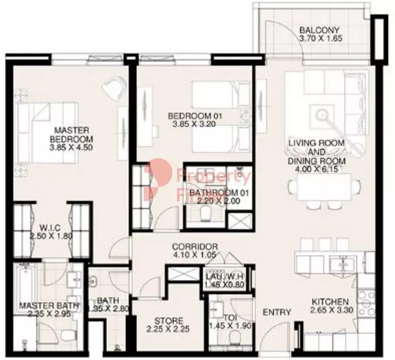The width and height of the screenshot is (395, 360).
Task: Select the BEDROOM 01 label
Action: pyautogui.click(x=195, y=117)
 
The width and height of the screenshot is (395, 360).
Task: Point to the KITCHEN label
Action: pyautogui.click(x=330, y=302)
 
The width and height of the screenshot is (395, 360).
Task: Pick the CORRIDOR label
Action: pyautogui.click(x=194, y=246)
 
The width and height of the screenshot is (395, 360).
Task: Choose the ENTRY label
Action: pyautogui.click(x=277, y=313)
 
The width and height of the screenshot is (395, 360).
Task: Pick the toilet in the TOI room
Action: pyautogui.click(x=234, y=334)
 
